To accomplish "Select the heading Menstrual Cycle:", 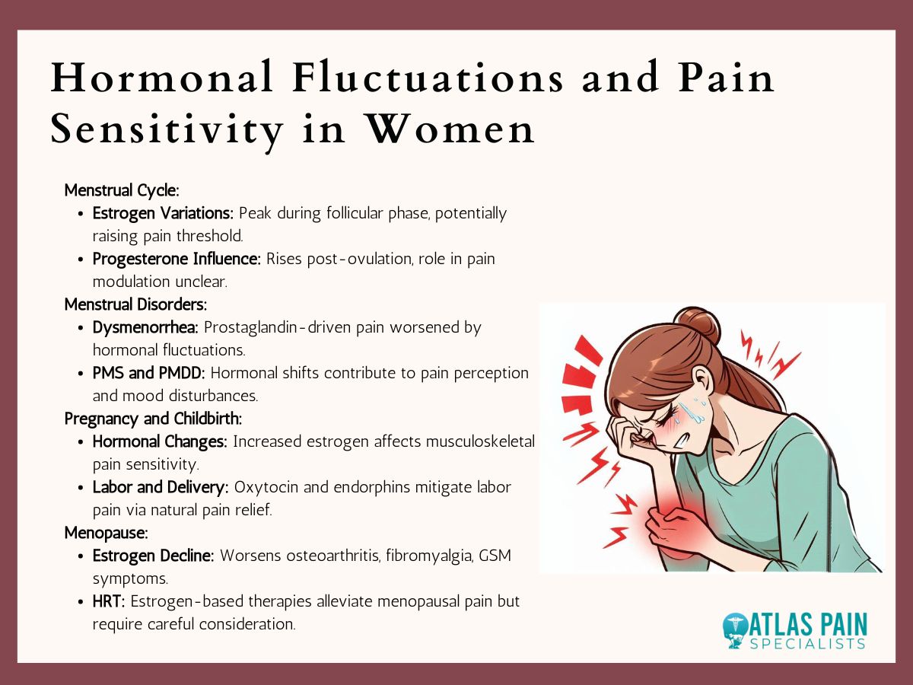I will [x=122, y=190].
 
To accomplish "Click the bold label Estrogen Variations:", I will [x=164, y=213].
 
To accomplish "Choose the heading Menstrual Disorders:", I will [x=135, y=304].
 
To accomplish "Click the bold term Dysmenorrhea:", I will [x=146, y=327].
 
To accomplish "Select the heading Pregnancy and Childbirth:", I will [x=153, y=419].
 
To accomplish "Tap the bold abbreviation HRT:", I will [x=110, y=601].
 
